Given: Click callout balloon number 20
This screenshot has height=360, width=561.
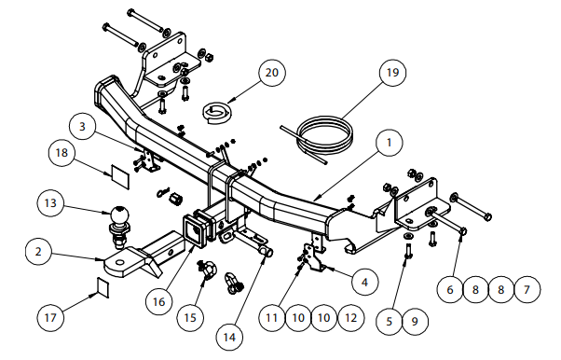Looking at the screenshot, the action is (x=272, y=73).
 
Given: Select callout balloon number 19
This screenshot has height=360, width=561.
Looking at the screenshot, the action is (x=392, y=73).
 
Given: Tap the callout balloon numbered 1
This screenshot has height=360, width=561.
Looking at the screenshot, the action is (x=390, y=143).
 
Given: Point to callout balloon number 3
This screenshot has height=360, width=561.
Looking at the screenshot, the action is (x=83, y=127).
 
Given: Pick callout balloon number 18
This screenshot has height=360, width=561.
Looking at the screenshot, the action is (x=62, y=153).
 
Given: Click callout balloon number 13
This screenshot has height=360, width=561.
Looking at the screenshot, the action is (x=50, y=203).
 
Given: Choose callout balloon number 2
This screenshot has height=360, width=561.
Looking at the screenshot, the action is (x=38, y=252).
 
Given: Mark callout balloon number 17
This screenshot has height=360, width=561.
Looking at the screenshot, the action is (x=50, y=317).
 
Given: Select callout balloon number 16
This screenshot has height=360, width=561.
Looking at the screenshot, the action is (x=159, y=302).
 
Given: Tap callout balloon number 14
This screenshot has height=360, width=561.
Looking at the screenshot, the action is (x=229, y=337).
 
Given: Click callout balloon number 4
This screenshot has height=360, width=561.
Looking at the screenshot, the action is (x=364, y=283).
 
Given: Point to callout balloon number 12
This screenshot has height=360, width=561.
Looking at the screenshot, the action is (x=350, y=318).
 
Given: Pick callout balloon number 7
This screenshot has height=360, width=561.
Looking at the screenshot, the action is (x=527, y=289).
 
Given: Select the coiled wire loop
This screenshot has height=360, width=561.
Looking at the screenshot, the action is (x=317, y=138).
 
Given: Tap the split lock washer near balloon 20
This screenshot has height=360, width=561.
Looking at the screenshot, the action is (x=217, y=113).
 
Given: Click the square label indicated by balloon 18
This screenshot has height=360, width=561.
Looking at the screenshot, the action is (x=120, y=176).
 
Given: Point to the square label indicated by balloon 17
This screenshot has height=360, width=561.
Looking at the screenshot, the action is (x=103, y=286).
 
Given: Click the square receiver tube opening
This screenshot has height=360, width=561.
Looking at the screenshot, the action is (x=195, y=231).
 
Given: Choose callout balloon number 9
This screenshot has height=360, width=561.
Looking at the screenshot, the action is (x=415, y=322).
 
